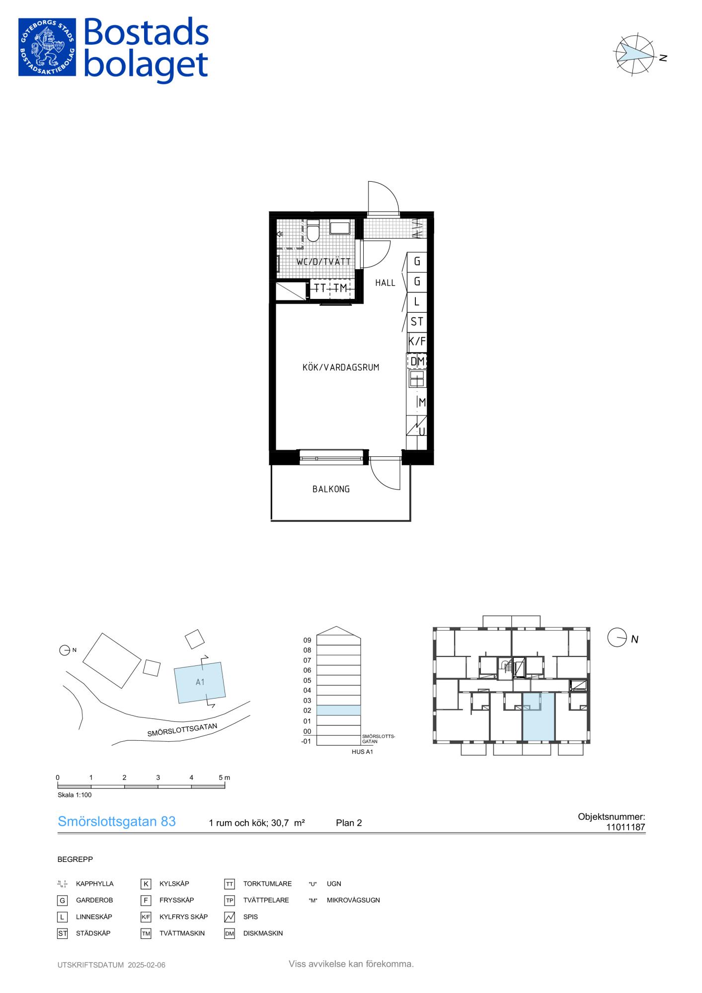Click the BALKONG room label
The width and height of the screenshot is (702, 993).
tap(331, 489)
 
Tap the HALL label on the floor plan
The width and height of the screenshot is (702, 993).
tap(385, 283)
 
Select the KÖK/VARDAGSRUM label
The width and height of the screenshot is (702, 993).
tap(341, 367)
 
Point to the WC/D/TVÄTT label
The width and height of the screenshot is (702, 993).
tap(323, 262)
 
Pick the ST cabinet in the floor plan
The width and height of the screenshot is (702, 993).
tap(417, 322)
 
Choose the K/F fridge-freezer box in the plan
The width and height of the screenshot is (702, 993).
tap(417, 342)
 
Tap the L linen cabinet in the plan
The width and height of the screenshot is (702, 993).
tap(417, 301)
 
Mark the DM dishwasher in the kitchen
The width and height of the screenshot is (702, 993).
tap(417, 361)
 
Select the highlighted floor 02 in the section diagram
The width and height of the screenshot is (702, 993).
tap(339, 710)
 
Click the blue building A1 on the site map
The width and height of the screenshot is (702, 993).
tap(200, 683)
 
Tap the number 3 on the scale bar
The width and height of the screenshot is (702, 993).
tap(158, 778)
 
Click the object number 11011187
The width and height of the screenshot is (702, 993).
tap(625, 827)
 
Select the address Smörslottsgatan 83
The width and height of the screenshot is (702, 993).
tap(117, 822)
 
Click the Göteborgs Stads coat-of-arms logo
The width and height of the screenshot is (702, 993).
tap(47, 47)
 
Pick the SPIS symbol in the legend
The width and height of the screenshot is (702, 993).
tap(230, 917)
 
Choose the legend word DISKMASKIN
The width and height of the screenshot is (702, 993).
tap(263, 933)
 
